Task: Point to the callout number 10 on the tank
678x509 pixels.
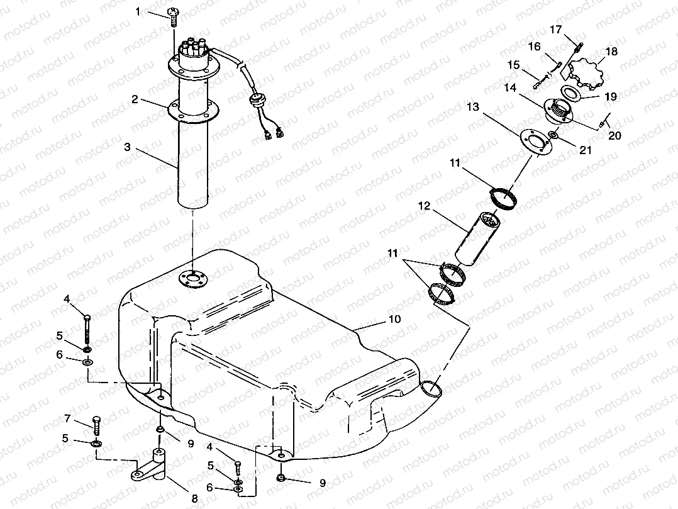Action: click(394, 319)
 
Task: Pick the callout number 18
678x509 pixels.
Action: click(611, 52)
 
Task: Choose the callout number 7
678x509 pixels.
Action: click(67, 418)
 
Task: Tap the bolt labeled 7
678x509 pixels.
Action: click(97, 426)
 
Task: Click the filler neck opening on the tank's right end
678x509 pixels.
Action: click(431, 389)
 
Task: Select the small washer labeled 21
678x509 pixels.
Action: click(552, 135)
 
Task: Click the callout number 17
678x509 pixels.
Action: click(555, 29)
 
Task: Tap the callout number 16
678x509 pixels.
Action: click(533, 46)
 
